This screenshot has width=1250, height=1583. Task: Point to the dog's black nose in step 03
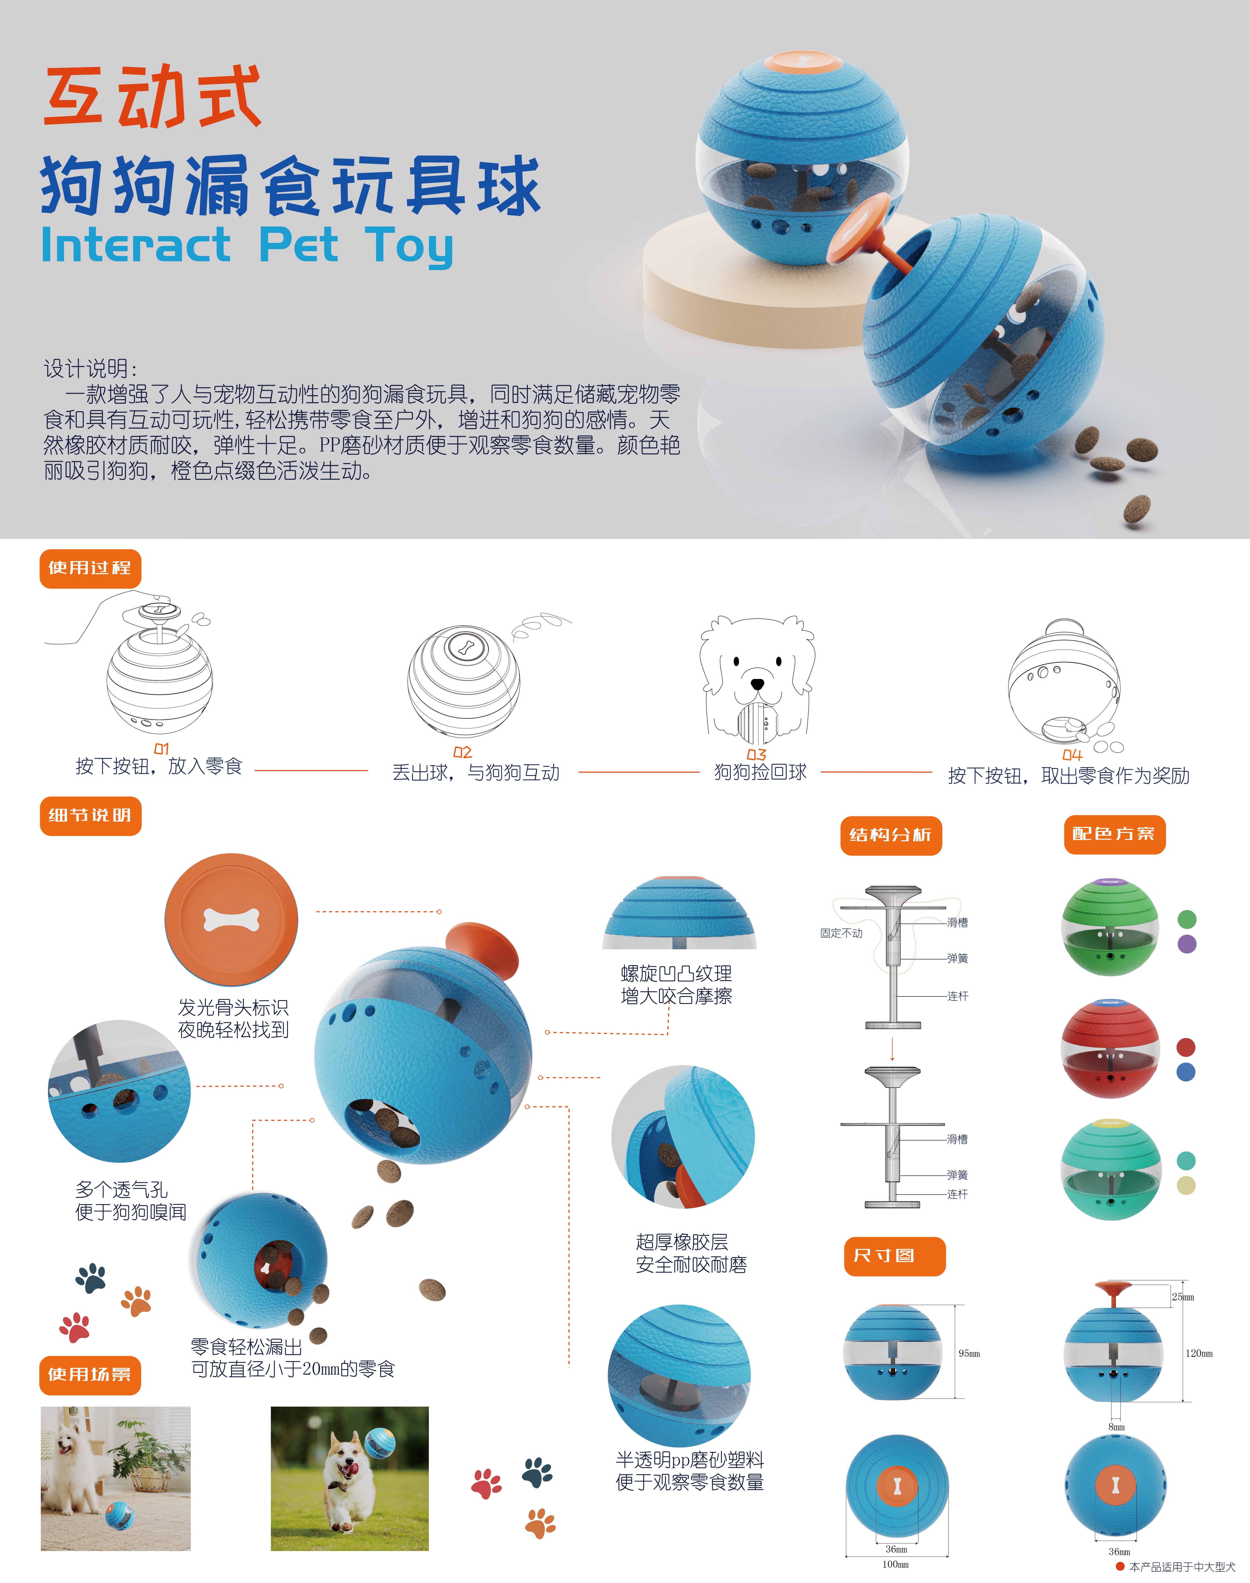tap(757, 684)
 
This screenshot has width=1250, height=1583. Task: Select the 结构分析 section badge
tap(891, 835)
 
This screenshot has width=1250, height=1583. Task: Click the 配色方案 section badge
tap(1114, 834)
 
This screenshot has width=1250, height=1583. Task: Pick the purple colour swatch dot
tap(1186, 944)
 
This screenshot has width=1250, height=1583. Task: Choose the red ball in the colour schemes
tap(1110, 1049)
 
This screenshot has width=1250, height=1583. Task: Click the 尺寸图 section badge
tap(894, 1256)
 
